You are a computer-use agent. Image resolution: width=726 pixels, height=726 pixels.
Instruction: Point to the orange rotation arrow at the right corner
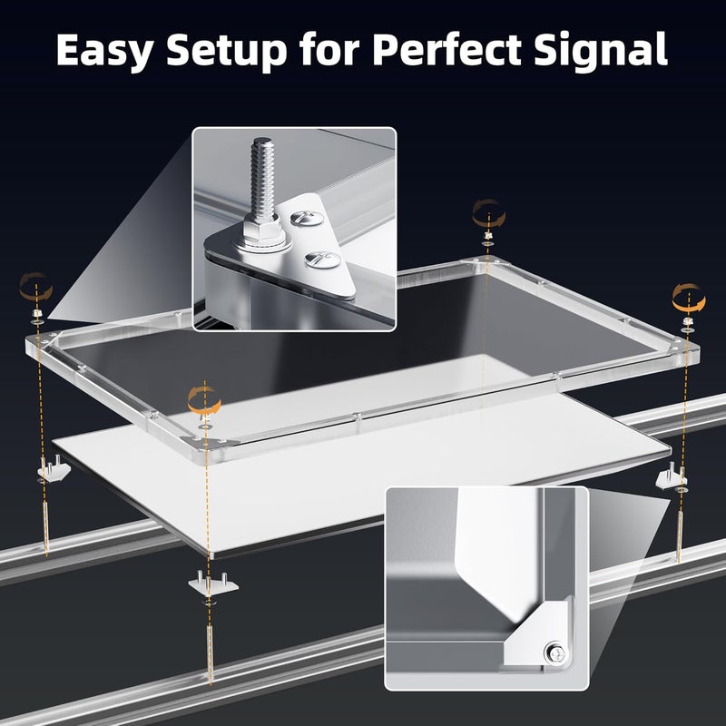[x=686, y=296]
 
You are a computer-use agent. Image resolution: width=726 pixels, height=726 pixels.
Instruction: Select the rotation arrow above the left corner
[x=35, y=289]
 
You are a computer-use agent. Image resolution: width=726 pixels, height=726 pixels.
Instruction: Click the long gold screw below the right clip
[x=678, y=526]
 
